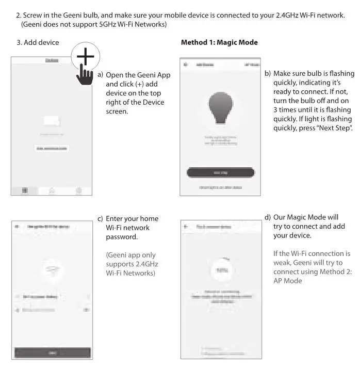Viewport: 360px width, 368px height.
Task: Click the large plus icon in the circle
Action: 86,53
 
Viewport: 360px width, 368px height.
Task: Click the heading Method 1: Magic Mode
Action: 219,42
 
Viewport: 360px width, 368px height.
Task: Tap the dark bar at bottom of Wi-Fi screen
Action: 52,352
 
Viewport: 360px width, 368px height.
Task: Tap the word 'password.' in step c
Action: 122,237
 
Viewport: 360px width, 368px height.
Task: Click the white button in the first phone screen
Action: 52,149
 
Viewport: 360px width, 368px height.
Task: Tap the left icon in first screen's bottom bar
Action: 24,190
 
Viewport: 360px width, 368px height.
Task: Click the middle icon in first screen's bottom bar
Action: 52,190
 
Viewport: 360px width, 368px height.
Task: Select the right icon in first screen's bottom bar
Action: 79,190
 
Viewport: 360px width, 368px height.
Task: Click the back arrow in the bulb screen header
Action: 186,66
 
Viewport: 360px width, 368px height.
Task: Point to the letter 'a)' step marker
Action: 101,75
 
